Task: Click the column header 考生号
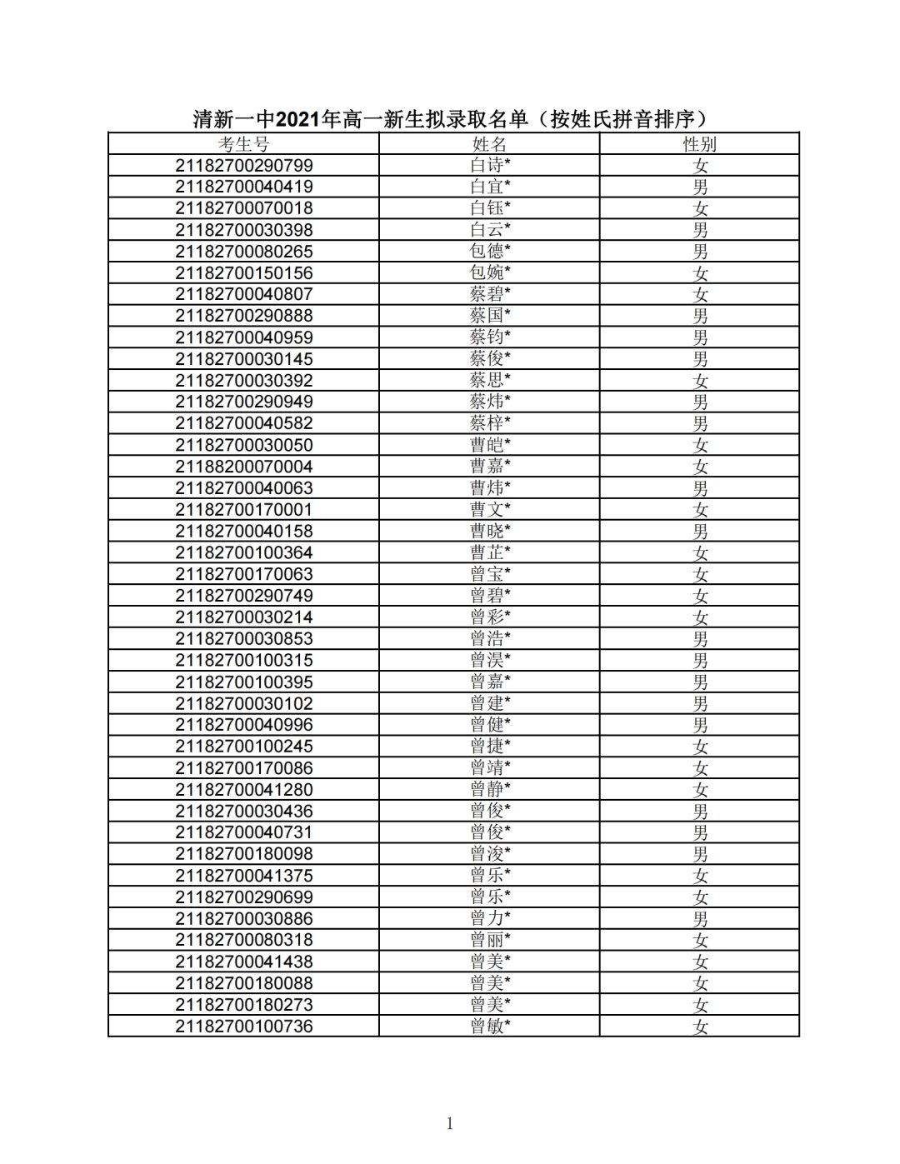[243, 144]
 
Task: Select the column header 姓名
[489, 144]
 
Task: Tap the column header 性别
[700, 144]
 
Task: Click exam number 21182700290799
[243, 165]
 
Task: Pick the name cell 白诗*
[490, 165]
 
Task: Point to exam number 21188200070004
[243, 467]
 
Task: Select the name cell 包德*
[490, 251]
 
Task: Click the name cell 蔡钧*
[490, 337]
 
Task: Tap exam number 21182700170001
[243, 510]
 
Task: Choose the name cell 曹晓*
[490, 531]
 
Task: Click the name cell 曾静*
[490, 790]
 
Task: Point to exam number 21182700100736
[243, 1027]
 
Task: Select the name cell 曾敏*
[490, 1027]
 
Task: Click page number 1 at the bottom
[450, 1124]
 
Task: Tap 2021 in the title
[298, 120]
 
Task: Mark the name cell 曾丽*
[490, 940]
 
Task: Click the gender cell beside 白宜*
[700, 187]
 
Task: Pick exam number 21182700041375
[243, 876]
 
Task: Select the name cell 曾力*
[490, 918]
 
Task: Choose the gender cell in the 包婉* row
[700, 272]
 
